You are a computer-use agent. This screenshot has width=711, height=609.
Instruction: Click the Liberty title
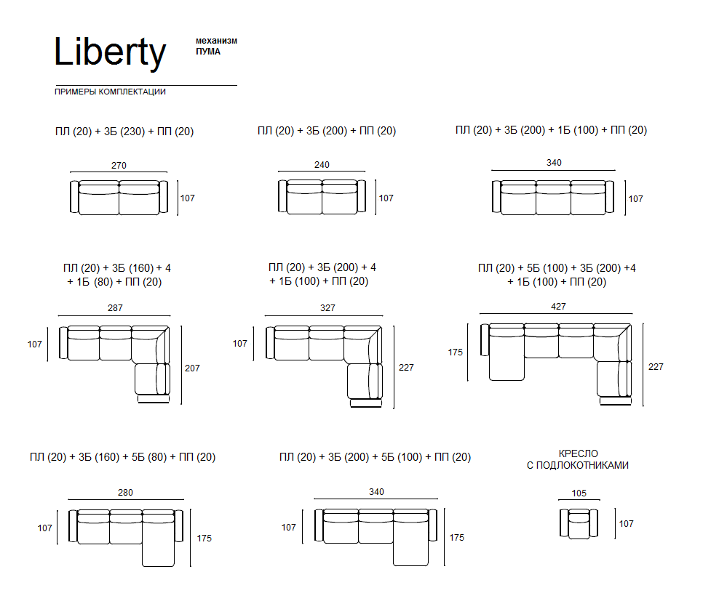pyautogui.click(x=110, y=52)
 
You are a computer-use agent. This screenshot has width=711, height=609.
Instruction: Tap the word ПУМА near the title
pyautogui.click(x=208, y=52)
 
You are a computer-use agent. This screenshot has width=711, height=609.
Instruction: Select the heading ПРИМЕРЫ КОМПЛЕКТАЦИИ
pyautogui.click(x=110, y=92)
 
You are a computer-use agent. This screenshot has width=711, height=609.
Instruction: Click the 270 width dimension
pyautogui.click(x=119, y=165)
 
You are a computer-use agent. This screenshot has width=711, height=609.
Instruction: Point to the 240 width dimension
pyautogui.click(x=322, y=165)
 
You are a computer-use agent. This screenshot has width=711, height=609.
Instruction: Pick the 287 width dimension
pyautogui.click(x=115, y=308)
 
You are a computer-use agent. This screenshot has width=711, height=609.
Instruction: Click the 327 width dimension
pyautogui.click(x=327, y=308)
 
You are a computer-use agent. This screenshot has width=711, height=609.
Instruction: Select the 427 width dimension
pyautogui.click(x=558, y=307)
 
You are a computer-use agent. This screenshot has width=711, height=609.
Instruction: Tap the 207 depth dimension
pyautogui.click(x=192, y=368)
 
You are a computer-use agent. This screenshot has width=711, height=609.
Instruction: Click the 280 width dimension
pyautogui.click(x=126, y=493)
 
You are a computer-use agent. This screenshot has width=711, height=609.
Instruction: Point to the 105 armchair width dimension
pyautogui.click(x=579, y=493)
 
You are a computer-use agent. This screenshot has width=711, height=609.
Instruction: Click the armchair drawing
pyautogui.click(x=579, y=524)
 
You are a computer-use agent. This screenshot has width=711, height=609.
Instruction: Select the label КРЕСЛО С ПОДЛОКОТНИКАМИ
pyautogui.click(x=578, y=459)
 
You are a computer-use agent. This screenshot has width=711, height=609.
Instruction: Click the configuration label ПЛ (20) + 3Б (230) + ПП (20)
pyautogui.click(x=124, y=132)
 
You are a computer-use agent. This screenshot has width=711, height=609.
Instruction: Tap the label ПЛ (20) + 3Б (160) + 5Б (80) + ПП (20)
pyautogui.click(x=122, y=457)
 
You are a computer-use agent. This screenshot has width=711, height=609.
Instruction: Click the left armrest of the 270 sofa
pyautogui.click(x=74, y=197)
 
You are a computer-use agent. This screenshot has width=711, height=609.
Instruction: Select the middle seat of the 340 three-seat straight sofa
pyautogui.click(x=553, y=198)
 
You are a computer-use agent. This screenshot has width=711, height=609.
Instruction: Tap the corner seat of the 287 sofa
pyautogui.click(x=150, y=344)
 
